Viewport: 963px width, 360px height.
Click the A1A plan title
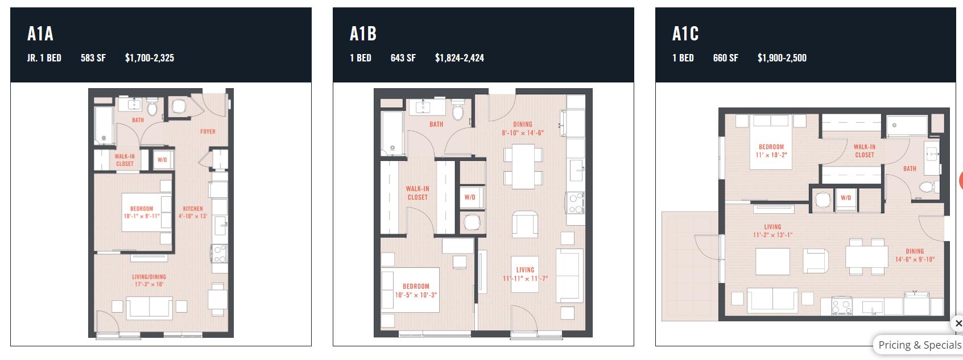tap(40, 34)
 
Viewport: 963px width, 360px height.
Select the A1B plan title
tap(363, 34)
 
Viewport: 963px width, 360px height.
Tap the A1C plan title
tap(685, 34)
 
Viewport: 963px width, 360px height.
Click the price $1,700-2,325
tap(150, 58)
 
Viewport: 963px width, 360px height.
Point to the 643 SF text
tap(403, 58)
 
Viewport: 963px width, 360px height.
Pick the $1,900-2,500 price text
tap(782, 58)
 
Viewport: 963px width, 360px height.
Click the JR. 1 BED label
tap(44, 58)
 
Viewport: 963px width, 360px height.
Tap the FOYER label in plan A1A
tap(208, 131)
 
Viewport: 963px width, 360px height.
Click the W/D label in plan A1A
tap(162, 160)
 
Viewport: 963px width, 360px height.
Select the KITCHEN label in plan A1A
tap(193, 208)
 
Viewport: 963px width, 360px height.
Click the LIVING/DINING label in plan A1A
tap(149, 276)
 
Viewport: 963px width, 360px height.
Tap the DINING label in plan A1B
tap(523, 124)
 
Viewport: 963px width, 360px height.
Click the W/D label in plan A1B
tap(470, 197)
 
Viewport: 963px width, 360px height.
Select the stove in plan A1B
tap(575, 203)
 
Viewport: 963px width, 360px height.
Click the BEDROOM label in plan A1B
tap(416, 286)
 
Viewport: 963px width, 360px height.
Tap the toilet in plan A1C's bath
tap(928, 187)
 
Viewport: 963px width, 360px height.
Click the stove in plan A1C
tap(842, 307)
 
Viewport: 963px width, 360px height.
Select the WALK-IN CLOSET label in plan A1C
tap(865, 151)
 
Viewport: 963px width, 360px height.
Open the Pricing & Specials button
tap(920, 345)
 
